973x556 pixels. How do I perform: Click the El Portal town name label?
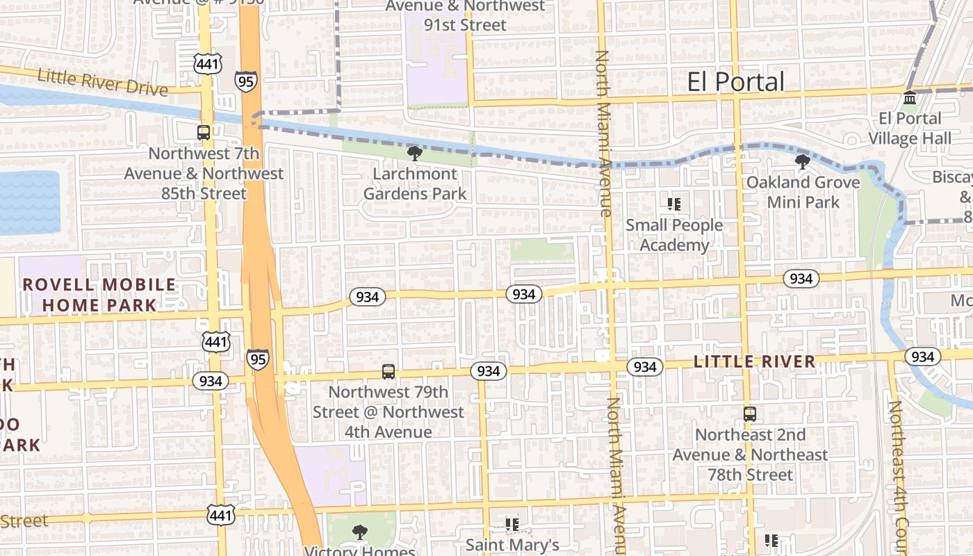click(x=735, y=82)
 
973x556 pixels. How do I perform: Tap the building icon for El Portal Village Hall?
click(x=910, y=97)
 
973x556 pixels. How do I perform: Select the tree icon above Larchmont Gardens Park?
click(x=415, y=153)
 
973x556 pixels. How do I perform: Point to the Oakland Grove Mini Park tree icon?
click(x=803, y=162)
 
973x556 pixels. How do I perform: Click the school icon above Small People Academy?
click(x=673, y=204)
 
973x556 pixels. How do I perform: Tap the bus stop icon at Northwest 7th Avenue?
click(x=204, y=132)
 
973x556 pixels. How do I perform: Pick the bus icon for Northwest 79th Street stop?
click(x=389, y=372)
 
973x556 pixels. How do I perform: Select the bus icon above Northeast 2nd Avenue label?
click(x=749, y=414)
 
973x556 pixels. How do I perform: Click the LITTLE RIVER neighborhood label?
click(x=754, y=361)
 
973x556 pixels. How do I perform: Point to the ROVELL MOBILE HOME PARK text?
click(x=99, y=295)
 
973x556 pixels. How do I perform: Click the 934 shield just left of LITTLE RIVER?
click(x=644, y=366)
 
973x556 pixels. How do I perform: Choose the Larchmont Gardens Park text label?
click(x=415, y=183)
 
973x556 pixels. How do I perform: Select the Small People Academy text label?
click(x=674, y=235)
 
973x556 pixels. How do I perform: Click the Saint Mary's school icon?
click(x=512, y=524)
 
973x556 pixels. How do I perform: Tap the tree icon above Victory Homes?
click(x=359, y=532)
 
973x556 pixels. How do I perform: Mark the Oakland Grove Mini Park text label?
click(x=803, y=192)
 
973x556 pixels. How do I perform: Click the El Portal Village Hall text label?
click(x=910, y=128)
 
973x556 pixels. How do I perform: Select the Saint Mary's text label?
click(x=512, y=545)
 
